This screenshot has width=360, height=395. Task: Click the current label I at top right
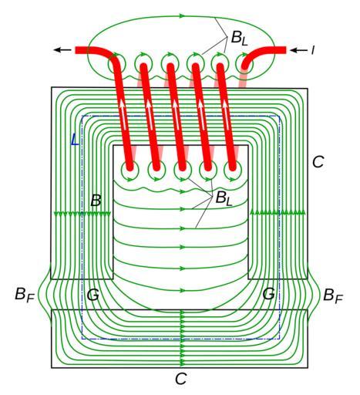pyautogui.click(x=313, y=50)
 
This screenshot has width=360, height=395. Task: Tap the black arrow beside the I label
pyautogui.click(x=298, y=50)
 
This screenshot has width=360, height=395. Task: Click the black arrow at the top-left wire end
pyautogui.click(x=62, y=50)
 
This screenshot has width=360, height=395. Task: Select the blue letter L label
pyautogui.click(x=75, y=140)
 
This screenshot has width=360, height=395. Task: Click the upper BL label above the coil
pyautogui.click(x=239, y=38)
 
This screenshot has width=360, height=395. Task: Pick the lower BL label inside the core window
pyautogui.click(x=224, y=198)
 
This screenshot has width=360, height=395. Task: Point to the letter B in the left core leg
pyautogui.click(x=96, y=201)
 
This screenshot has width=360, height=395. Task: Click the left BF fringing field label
pyautogui.click(x=25, y=295)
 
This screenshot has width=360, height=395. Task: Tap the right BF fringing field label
pyautogui.click(x=333, y=295)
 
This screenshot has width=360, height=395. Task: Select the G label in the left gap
pyautogui.click(x=93, y=295)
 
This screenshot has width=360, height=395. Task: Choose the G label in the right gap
pyautogui.click(x=269, y=294)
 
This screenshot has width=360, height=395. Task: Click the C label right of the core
pyautogui.click(x=318, y=162)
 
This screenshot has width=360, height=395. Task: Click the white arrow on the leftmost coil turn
pyautogui.click(x=123, y=114)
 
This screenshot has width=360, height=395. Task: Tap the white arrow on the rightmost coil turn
pyautogui.click(x=226, y=114)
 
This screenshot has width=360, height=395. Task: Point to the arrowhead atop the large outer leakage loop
pyautogui.click(x=182, y=16)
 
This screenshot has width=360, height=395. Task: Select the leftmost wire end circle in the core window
pyautogui.click(x=130, y=170)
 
